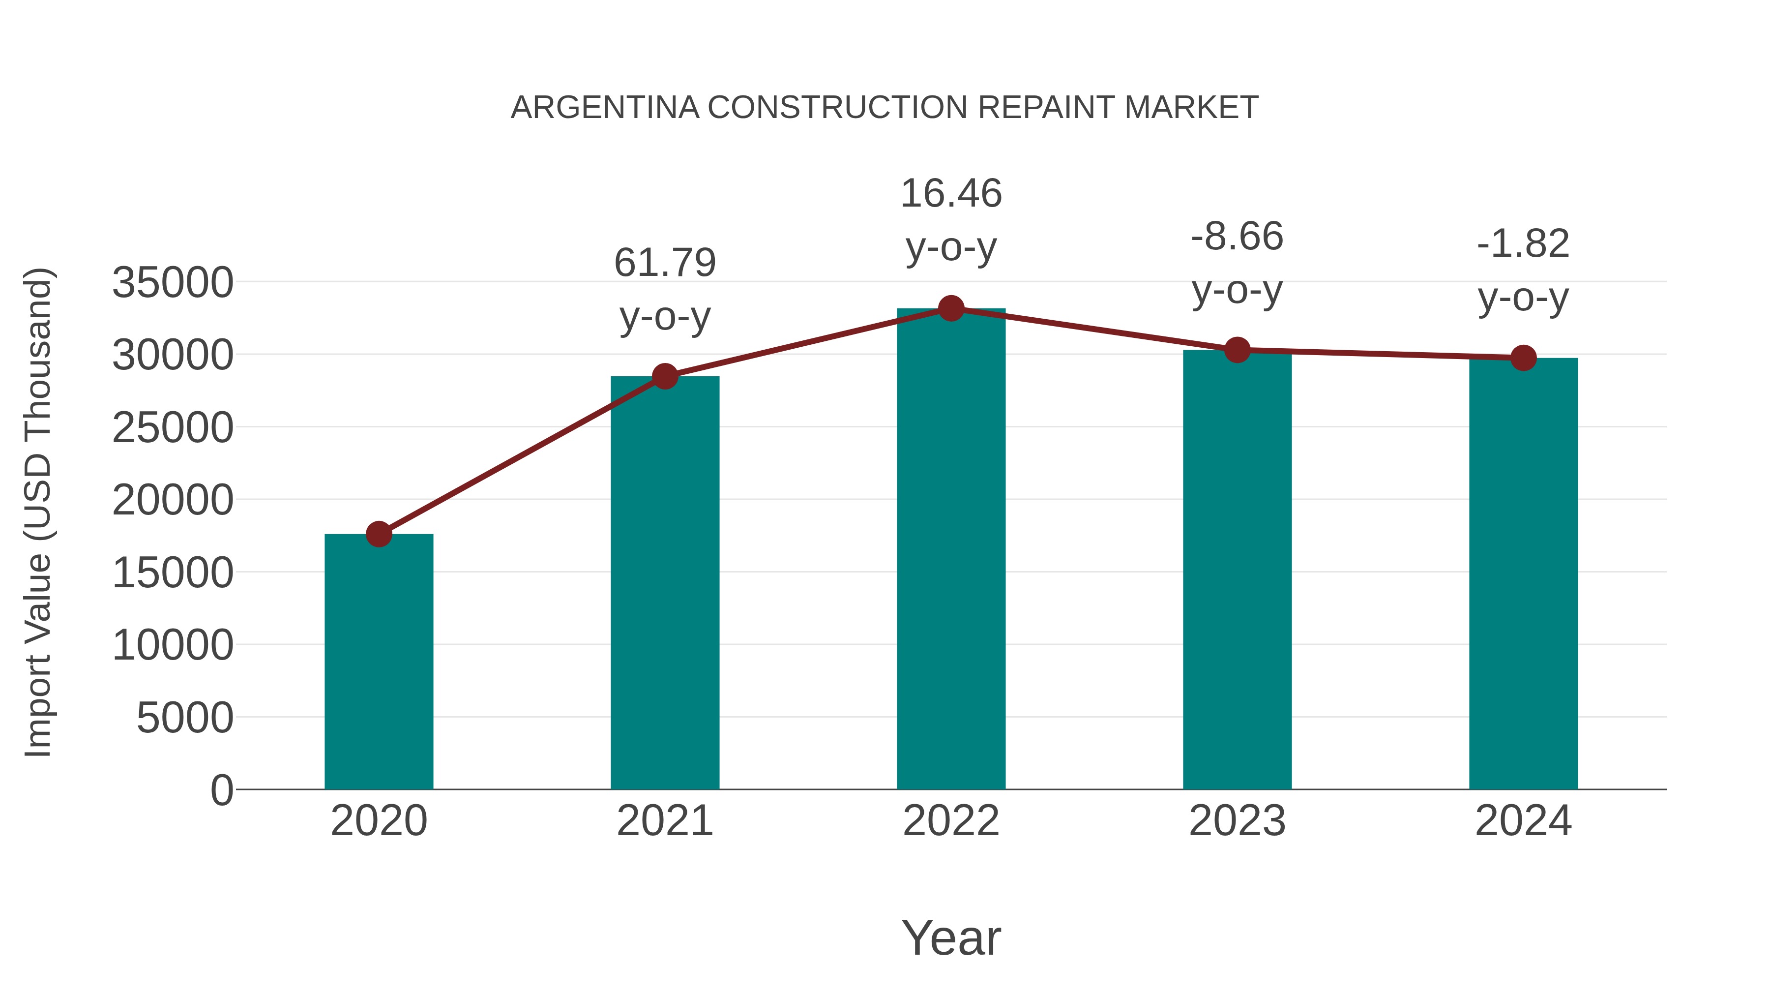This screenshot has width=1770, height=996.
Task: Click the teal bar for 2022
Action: tap(951, 550)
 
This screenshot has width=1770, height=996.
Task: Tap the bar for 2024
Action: tap(1523, 574)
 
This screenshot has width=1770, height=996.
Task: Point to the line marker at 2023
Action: tap(1238, 350)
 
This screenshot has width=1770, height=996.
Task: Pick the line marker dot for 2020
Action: tap(379, 533)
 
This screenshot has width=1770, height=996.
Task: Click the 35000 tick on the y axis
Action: tap(173, 282)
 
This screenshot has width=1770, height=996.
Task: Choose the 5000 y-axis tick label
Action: tap(185, 718)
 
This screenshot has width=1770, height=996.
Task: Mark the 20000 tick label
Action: tap(173, 500)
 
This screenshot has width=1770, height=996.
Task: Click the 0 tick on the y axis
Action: tap(221, 790)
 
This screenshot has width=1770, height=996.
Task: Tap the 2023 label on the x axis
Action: tap(1238, 821)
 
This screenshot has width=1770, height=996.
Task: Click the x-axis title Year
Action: tap(951, 937)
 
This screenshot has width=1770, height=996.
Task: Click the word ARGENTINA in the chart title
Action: tap(605, 107)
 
